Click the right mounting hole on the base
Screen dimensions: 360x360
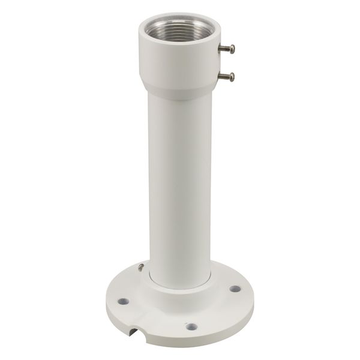coord(234,289)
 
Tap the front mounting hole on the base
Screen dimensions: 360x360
coord(191,327)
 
